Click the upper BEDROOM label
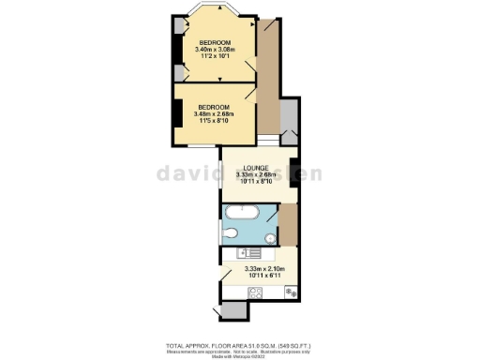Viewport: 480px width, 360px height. (215, 44)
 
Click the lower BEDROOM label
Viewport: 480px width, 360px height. (215, 107)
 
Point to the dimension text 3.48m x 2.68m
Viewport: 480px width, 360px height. (215, 114)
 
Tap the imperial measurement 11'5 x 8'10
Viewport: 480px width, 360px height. (215, 122)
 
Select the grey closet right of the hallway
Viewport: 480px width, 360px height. (288, 121)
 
